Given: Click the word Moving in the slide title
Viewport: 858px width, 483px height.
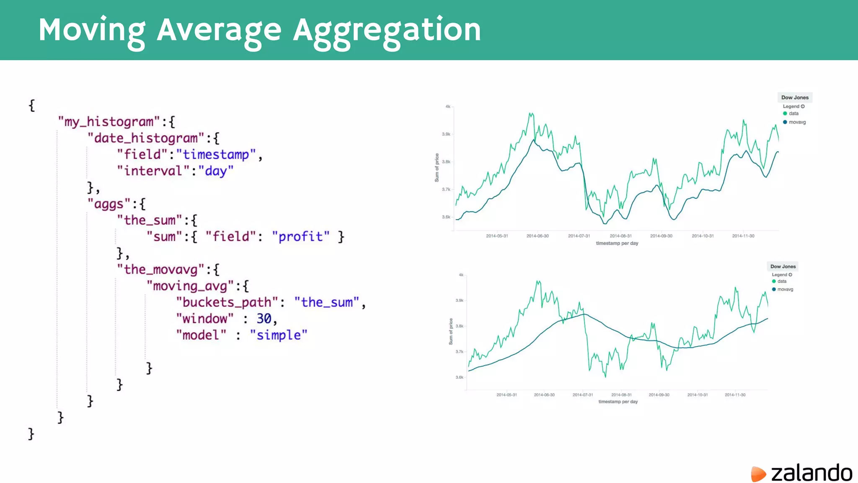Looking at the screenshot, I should tap(92, 30).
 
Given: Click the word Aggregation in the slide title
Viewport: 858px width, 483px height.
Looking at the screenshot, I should tap(387, 30).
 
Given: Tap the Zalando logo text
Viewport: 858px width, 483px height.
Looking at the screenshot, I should tap(811, 473).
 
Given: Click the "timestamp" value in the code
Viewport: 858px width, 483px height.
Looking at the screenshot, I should tap(216, 155).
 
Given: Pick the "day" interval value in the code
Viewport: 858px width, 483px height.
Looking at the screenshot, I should tap(216, 171).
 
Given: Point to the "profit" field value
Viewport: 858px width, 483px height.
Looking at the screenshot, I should tap(300, 237).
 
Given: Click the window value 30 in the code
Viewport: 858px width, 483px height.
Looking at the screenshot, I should tap(264, 319).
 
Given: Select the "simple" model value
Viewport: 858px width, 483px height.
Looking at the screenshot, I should tap(279, 335).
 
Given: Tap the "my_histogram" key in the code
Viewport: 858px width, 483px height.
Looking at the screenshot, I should tap(109, 122).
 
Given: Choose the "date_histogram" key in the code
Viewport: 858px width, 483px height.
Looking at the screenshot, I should tap(146, 138).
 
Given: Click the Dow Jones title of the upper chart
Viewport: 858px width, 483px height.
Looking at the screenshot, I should tap(795, 98).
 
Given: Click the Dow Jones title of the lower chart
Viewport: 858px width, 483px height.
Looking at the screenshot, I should tap(783, 267).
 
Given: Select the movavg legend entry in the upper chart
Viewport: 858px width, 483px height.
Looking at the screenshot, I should tap(797, 122).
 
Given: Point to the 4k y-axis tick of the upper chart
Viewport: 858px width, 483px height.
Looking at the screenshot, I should tap(448, 106).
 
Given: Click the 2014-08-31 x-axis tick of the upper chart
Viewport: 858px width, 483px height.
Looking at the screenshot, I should tap(620, 236).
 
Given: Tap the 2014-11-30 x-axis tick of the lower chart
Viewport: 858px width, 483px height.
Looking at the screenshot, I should tap(735, 395).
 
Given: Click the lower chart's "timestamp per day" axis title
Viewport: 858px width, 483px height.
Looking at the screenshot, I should tap(618, 402).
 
